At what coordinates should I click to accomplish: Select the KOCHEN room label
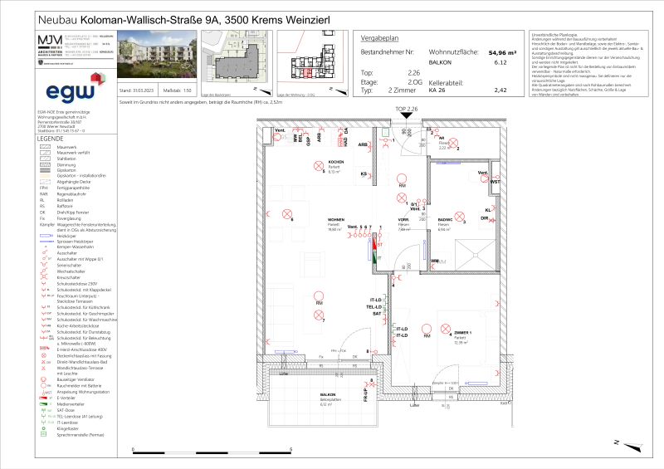336,163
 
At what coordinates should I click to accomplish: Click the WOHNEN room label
336,220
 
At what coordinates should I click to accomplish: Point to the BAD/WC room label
444,220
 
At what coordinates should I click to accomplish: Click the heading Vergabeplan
382,38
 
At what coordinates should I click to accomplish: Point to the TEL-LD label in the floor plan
376,306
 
